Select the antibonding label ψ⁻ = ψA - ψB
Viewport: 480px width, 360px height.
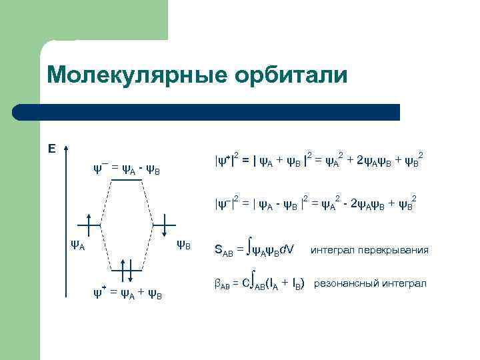click(131, 169)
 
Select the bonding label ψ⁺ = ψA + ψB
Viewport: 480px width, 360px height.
click(131, 294)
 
